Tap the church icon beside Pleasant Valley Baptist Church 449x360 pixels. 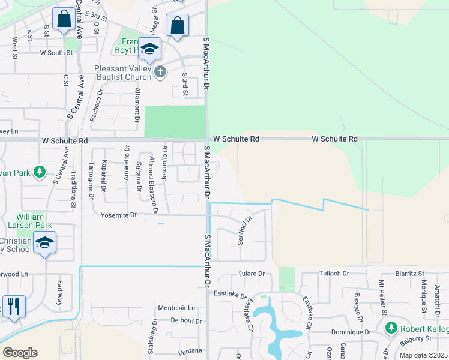pyautogui.click(x=160, y=73)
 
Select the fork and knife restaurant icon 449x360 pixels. pyautogui.click(x=13, y=306)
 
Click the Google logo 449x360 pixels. pyautogui.click(x=20, y=353)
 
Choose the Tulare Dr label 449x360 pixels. pyautogui.click(x=252, y=274)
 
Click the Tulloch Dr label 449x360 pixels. pyautogui.click(x=334, y=273)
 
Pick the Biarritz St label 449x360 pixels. pyautogui.click(x=410, y=273)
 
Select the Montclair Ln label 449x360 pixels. pyautogui.click(x=177, y=308)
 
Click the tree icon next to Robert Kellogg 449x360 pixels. pyautogui.click(x=391, y=328)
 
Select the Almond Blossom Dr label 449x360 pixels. pyautogui.click(x=153, y=179)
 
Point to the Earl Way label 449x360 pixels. pyautogui.click(x=59, y=292)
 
